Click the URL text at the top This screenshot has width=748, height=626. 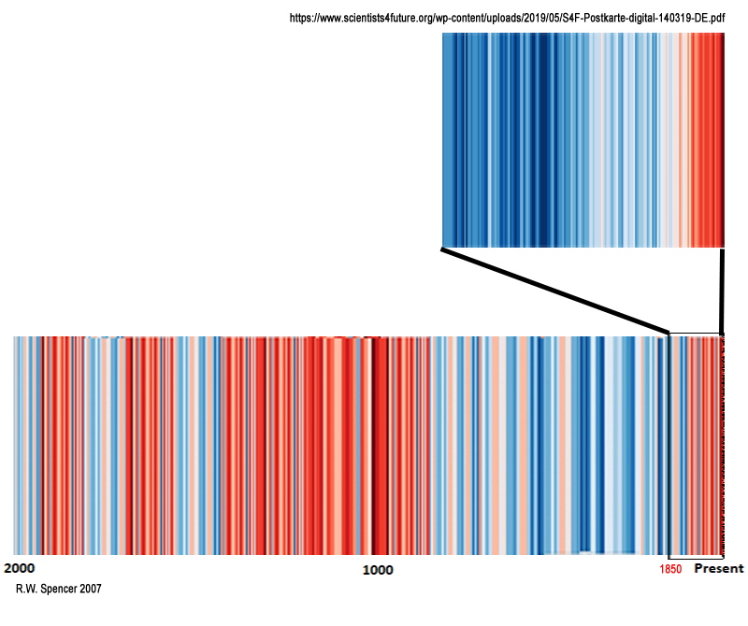(508, 18)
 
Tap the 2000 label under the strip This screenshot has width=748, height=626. (20, 568)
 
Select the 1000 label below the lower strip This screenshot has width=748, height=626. (378, 569)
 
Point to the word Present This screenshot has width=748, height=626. (718, 568)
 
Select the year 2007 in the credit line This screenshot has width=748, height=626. (90, 590)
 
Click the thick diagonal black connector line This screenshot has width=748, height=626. (555, 290)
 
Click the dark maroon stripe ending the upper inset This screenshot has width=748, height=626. (723, 140)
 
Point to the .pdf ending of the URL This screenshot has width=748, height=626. (717, 18)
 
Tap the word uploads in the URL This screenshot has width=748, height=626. (506, 18)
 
